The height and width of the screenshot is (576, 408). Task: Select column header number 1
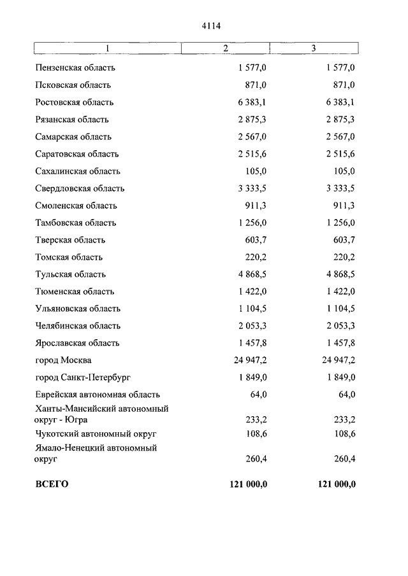click(x=107, y=49)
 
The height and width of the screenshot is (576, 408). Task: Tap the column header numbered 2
click(x=226, y=49)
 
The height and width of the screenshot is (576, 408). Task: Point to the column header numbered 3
click(x=313, y=49)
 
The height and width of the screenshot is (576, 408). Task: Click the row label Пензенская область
click(x=75, y=68)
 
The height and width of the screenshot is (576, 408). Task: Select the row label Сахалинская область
click(x=78, y=171)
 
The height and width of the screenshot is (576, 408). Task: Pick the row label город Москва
click(x=63, y=360)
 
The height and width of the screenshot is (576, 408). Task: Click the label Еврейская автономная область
click(x=98, y=395)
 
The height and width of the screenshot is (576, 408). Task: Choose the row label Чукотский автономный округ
click(x=96, y=433)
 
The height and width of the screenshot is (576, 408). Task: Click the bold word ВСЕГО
click(x=52, y=484)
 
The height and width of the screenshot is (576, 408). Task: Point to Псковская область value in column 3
click(x=344, y=85)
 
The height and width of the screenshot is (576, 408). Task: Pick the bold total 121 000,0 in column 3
click(x=336, y=484)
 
